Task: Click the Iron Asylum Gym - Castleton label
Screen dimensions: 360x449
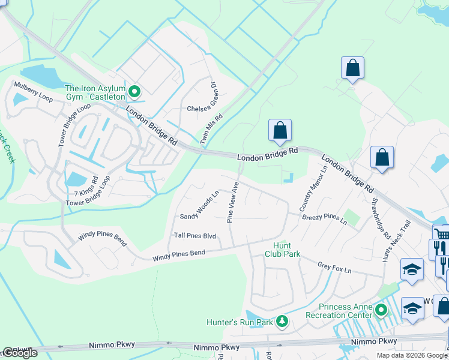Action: point(95,92)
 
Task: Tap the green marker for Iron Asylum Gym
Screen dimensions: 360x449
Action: point(135,92)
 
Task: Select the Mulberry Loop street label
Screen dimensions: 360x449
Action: point(34,91)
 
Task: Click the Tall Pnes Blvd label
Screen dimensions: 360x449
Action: point(194,236)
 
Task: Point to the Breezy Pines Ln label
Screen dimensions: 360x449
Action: point(324,218)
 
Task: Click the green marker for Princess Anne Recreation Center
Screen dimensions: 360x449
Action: point(381,310)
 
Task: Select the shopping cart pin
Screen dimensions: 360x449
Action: point(441,234)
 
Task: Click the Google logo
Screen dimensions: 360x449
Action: point(20,353)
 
